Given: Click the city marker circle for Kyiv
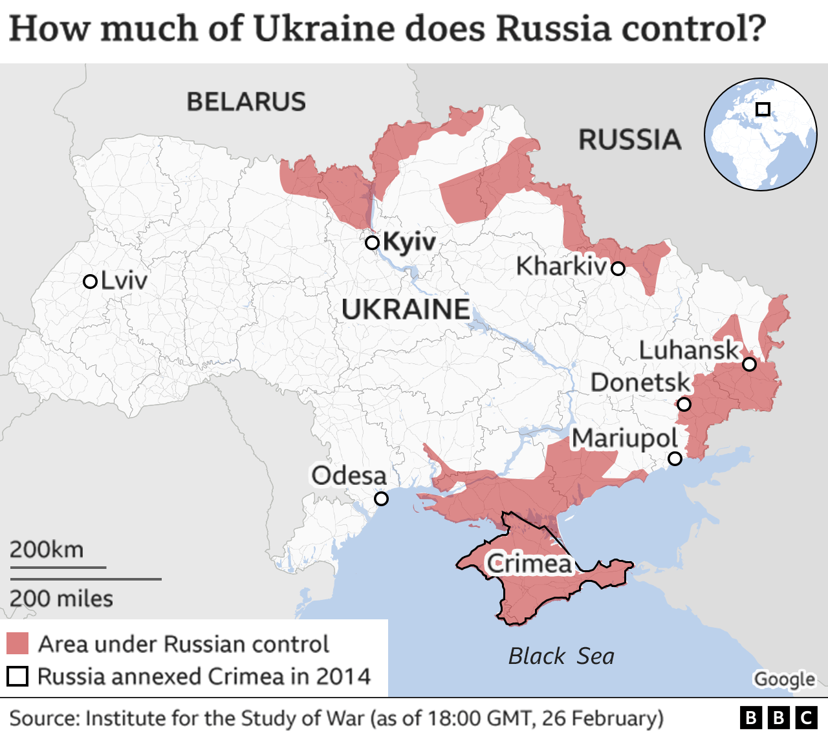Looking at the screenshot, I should click(x=372, y=242).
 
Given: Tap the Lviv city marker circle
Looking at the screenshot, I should click(x=91, y=282).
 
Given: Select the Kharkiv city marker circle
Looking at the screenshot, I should click(x=618, y=268).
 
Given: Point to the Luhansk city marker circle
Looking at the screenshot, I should click(x=749, y=364).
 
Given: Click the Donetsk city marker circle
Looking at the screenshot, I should click(x=684, y=405).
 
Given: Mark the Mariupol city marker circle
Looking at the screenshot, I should click(x=675, y=458).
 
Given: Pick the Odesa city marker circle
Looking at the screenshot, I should click(x=381, y=498).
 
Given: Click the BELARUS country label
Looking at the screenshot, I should click(x=246, y=101).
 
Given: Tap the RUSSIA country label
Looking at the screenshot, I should click(x=629, y=140).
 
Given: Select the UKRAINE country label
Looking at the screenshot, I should click(x=406, y=310).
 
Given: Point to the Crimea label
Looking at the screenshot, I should click(x=529, y=564).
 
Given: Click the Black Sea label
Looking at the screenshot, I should click(x=561, y=656).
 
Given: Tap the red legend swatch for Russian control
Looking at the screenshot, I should click(x=17, y=644).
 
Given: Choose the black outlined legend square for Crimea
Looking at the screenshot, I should click(x=17, y=676).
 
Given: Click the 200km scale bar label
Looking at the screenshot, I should click(x=47, y=550).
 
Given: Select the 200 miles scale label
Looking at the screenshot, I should click(x=61, y=599).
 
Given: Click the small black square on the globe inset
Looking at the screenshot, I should click(x=763, y=109).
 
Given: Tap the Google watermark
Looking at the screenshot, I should click(x=784, y=679).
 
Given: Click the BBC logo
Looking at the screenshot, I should click(x=778, y=718).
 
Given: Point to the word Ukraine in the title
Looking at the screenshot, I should click(x=323, y=29).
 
